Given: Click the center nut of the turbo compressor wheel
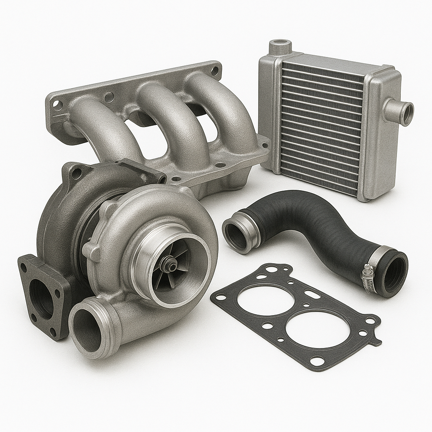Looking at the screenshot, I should pos(171,265).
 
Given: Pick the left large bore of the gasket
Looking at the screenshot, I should pos(266,300).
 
